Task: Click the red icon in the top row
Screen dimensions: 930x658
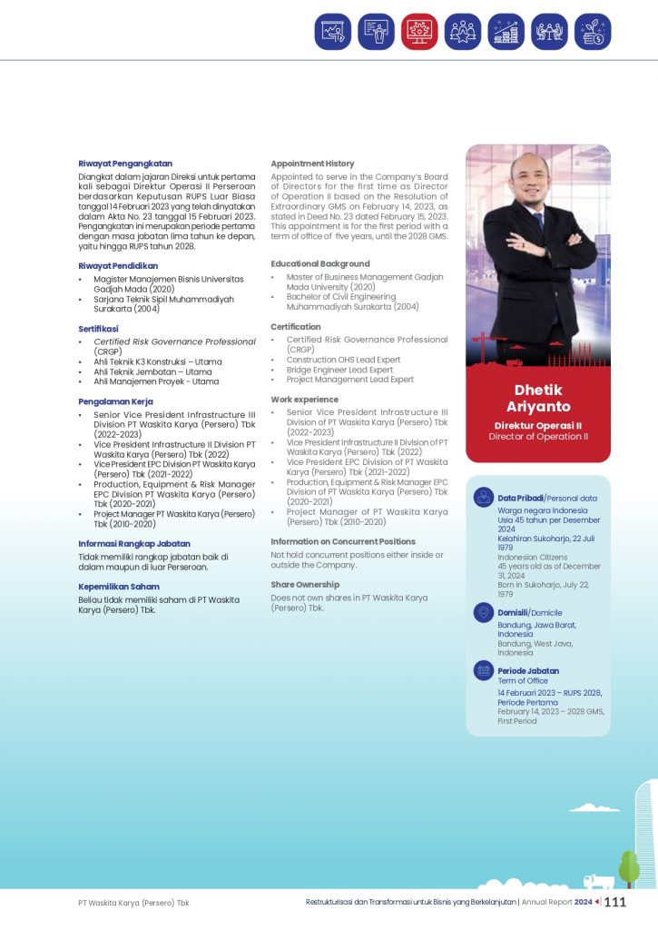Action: pyautogui.click(x=419, y=32)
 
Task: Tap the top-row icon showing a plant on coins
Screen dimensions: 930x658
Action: pyautogui.click(x=593, y=32)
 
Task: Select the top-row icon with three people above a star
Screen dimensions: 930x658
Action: pyautogui.click(x=463, y=32)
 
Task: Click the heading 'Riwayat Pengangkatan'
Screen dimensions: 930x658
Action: pyautogui.click(x=125, y=163)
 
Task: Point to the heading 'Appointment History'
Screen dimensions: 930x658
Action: pyautogui.click(x=312, y=163)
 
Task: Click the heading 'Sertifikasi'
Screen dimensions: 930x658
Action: pyautogui.click(x=98, y=329)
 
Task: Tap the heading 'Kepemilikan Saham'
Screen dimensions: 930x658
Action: pyautogui.click(x=119, y=587)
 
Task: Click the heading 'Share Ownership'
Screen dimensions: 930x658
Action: pyautogui.click(x=305, y=584)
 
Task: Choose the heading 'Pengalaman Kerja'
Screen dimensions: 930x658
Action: pyautogui.click(x=115, y=401)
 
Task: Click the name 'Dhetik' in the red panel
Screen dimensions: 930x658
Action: pyautogui.click(x=538, y=391)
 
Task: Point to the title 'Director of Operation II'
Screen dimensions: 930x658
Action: pyautogui.click(x=538, y=437)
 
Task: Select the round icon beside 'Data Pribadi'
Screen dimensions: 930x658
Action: pyautogui.click(x=484, y=497)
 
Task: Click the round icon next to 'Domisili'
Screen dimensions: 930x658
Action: pyautogui.click(x=484, y=612)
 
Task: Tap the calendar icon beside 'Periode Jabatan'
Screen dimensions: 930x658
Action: pyautogui.click(x=484, y=671)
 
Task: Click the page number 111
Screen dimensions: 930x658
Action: pyautogui.click(x=615, y=902)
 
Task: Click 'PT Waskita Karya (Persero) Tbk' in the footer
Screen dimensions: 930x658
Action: pyautogui.click(x=133, y=903)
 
